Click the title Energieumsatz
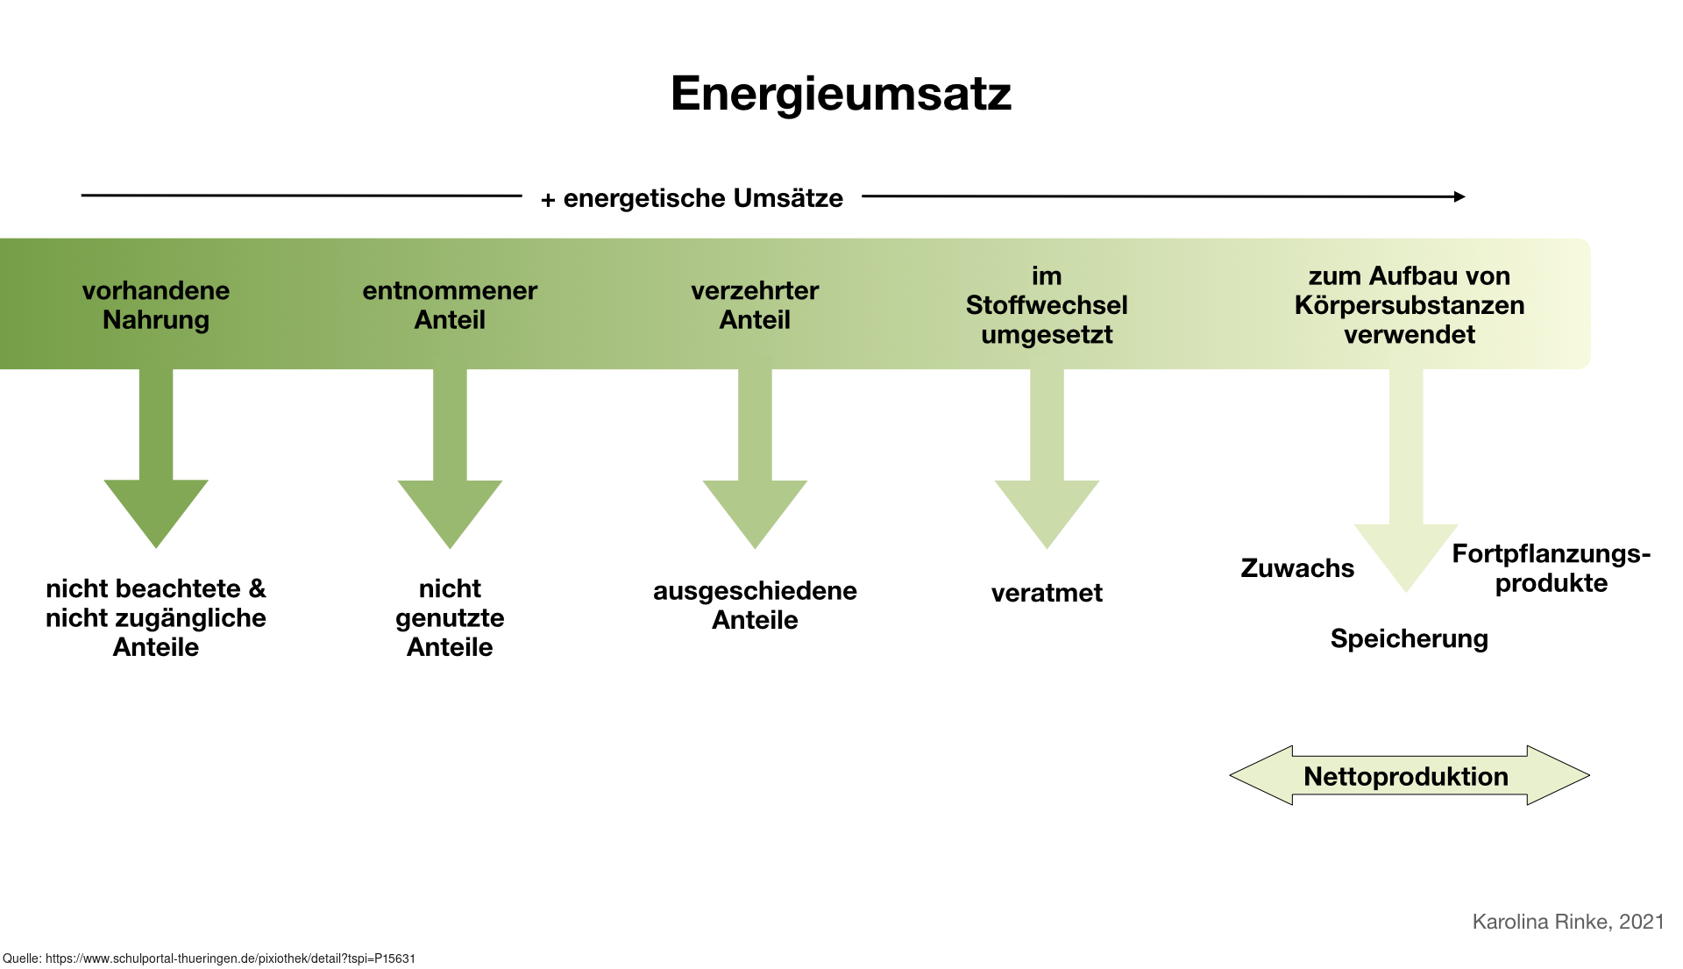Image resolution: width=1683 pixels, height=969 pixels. (x=841, y=93)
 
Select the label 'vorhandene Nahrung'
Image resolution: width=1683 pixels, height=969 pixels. (x=156, y=305)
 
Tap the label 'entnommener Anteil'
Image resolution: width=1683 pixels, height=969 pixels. (x=450, y=305)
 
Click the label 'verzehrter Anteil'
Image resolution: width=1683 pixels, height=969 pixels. (x=755, y=305)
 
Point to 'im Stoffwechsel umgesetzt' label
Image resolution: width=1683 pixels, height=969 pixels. (x=1047, y=305)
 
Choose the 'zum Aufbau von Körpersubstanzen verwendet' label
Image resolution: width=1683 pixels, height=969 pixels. (x=1410, y=305)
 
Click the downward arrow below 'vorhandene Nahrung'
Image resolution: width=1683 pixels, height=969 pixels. (x=156, y=458)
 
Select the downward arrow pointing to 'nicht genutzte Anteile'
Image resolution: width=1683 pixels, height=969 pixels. (x=450, y=458)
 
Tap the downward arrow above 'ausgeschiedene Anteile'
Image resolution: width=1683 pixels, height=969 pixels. (x=755, y=458)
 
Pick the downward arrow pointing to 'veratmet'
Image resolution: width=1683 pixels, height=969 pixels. (x=1047, y=458)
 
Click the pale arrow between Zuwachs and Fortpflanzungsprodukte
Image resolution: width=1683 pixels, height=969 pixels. (x=1406, y=481)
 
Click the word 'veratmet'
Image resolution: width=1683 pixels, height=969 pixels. (x=1047, y=593)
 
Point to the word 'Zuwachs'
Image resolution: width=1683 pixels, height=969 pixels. (x=1297, y=568)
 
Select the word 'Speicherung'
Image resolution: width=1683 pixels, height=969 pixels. (x=1410, y=639)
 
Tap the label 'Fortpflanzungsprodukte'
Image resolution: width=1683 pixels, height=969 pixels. (x=1552, y=568)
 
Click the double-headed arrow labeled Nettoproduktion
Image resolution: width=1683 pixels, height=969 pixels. (x=1410, y=775)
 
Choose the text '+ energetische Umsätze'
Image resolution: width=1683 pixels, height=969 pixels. (x=692, y=198)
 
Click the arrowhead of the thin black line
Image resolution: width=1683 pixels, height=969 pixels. (x=1460, y=196)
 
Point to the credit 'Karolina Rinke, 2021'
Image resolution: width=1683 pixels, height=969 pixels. (x=1568, y=922)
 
